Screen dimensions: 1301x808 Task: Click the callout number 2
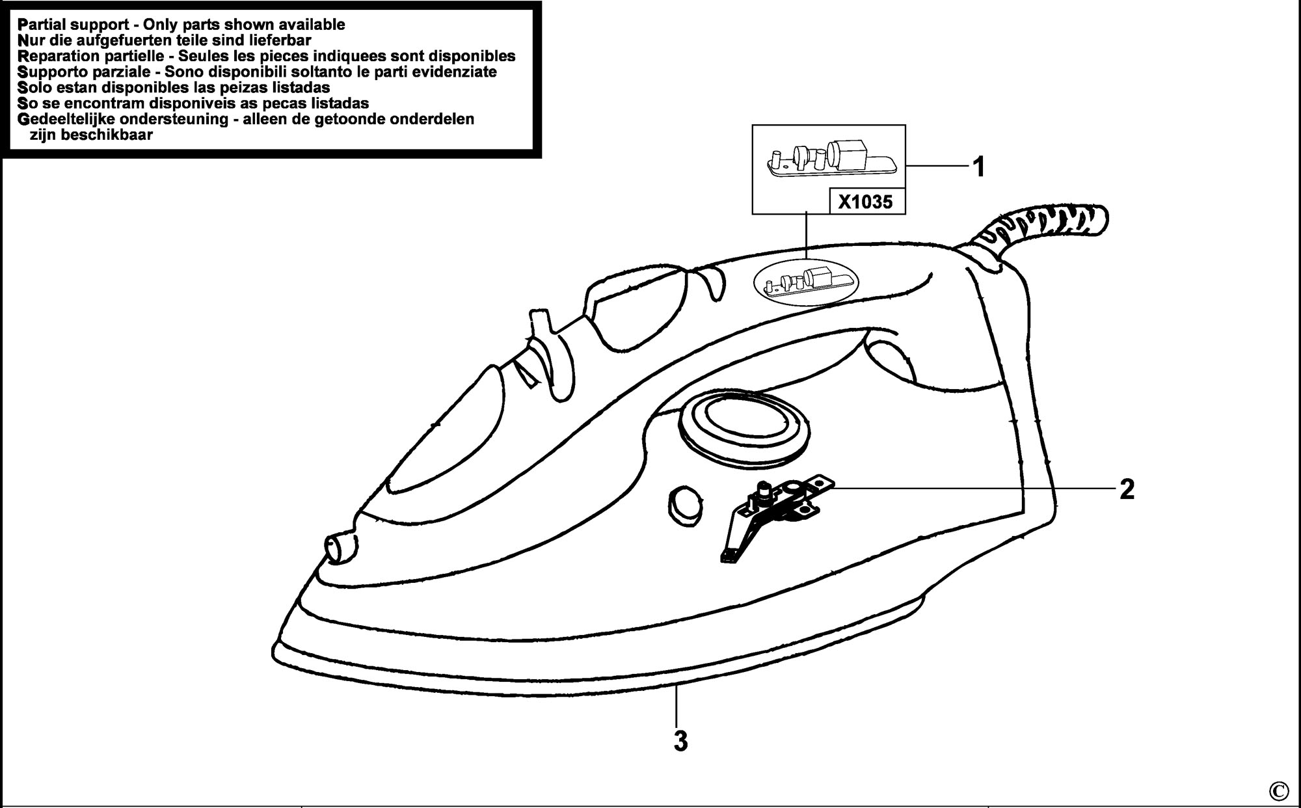click(1127, 489)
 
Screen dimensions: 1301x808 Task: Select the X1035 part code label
click(865, 202)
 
